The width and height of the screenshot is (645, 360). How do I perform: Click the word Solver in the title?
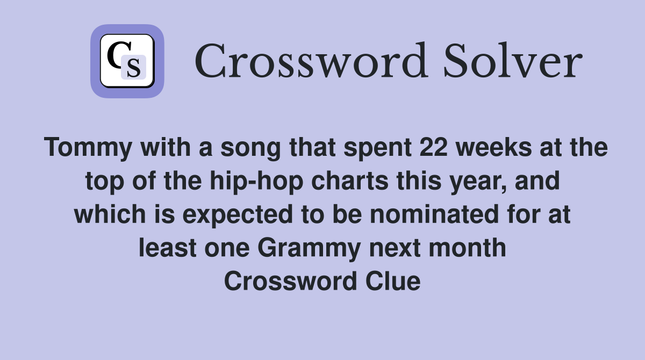[x=512, y=62]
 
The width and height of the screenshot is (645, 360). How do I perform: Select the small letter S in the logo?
[x=133, y=68]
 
